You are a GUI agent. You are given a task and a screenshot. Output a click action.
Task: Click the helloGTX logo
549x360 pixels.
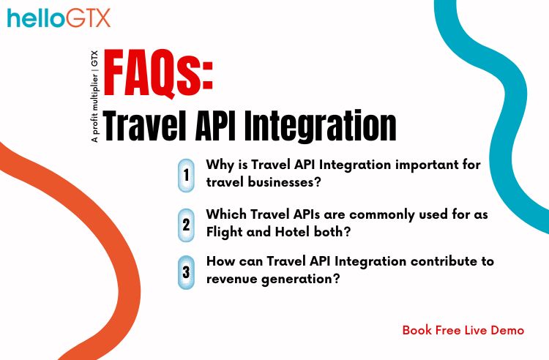pos(59,18)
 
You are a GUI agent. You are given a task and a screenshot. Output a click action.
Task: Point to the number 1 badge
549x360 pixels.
pos(186,176)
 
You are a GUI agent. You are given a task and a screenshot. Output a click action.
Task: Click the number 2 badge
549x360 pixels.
pos(186,224)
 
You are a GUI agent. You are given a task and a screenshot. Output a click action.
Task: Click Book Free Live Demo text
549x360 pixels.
pos(463,330)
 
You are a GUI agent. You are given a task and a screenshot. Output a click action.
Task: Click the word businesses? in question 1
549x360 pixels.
pos(282,181)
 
